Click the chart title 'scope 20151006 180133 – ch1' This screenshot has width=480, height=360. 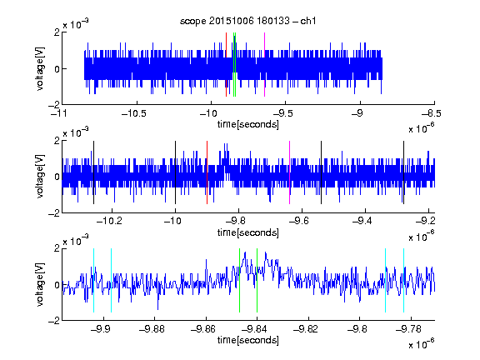pyautogui.click(x=247, y=21)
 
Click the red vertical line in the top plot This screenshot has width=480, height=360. pyautogui.click(x=226, y=65)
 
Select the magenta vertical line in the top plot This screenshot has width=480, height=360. pyautogui.click(x=264, y=65)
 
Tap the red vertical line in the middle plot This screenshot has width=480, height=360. pyautogui.click(x=207, y=172)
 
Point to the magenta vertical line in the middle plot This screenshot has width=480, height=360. pyautogui.click(x=290, y=172)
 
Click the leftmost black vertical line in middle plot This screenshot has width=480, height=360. pyautogui.click(x=93, y=172)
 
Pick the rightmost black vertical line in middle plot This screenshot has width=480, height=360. pyautogui.click(x=403, y=172)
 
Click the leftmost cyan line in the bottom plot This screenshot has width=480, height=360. pyautogui.click(x=93, y=280)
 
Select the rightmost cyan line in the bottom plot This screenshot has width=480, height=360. pyautogui.click(x=403, y=280)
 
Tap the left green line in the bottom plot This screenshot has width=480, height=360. pyautogui.click(x=239, y=280)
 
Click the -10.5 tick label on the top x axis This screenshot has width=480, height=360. pyautogui.click(x=134, y=114)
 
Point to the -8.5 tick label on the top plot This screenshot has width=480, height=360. pyautogui.click(x=432, y=114)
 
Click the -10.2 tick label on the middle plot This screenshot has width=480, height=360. pyautogui.click(x=109, y=221)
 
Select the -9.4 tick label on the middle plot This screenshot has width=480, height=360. pyautogui.click(x=362, y=221)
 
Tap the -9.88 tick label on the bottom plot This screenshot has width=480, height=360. pyautogui.click(x=152, y=329)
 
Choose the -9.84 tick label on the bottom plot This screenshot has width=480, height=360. pyautogui.click(x=254, y=329)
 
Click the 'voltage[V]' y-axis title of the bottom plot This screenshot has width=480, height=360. pyautogui.click(x=40, y=285)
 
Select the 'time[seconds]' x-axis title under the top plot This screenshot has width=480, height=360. pyautogui.click(x=248, y=125)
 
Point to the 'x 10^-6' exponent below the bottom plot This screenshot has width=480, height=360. pyautogui.click(x=422, y=343)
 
